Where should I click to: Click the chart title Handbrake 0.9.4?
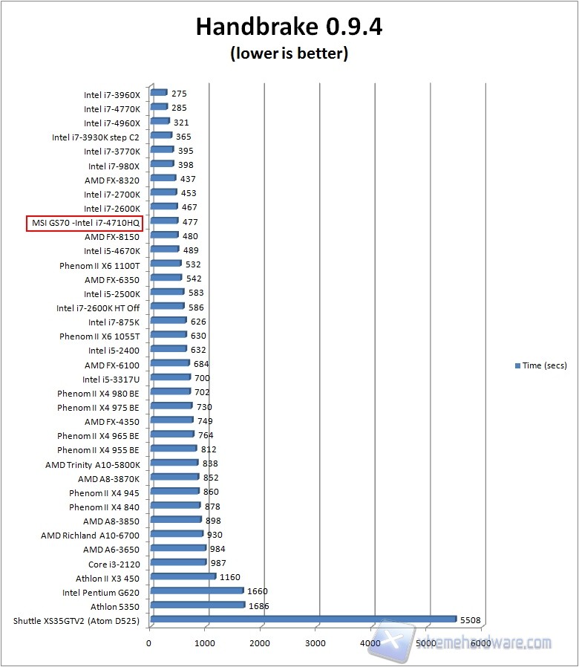tap(289, 27)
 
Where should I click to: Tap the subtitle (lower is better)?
tap(289, 53)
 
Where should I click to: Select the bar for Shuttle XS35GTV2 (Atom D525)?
tap(303, 619)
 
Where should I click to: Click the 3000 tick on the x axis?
tap(315, 643)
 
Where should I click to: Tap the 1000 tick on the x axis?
tap(205, 643)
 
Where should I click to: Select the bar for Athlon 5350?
tap(197, 605)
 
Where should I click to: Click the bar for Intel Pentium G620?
tap(196, 590)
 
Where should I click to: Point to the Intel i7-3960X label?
tap(111, 94)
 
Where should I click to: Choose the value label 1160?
tap(229, 577)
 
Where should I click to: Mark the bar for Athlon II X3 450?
tap(183, 576)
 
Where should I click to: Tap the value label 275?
tap(179, 94)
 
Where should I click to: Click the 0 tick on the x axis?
tap(149, 643)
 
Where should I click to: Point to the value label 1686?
tap(258, 606)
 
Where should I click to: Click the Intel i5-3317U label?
tap(111, 380)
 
